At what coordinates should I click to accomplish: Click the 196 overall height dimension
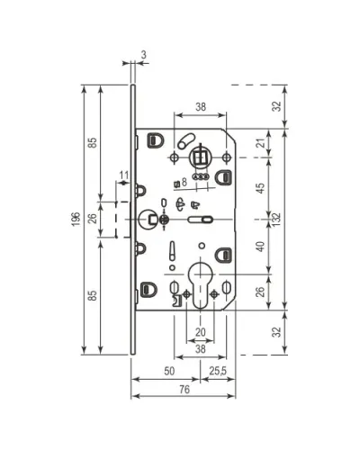(x=76, y=220)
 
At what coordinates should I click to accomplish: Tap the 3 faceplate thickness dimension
(x=144, y=55)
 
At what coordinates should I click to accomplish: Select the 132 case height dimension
(x=276, y=220)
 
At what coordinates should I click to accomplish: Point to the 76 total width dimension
(x=184, y=389)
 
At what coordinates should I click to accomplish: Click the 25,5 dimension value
(x=218, y=371)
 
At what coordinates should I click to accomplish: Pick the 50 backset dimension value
(x=169, y=371)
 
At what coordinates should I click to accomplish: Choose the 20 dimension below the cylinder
(x=201, y=332)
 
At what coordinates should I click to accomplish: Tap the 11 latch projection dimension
(x=123, y=175)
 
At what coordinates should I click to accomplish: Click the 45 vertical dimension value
(x=261, y=188)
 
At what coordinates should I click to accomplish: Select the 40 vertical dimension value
(x=261, y=247)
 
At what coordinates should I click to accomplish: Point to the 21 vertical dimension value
(x=263, y=143)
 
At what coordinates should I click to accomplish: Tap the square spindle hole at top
(x=200, y=157)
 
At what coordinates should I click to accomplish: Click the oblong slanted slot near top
(x=186, y=141)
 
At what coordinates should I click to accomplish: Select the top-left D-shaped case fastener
(x=156, y=140)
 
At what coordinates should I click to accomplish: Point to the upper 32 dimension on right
(x=277, y=106)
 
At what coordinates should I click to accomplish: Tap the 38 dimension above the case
(x=201, y=106)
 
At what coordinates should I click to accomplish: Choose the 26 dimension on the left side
(x=94, y=218)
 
